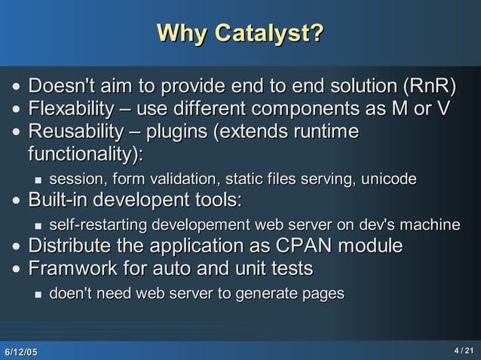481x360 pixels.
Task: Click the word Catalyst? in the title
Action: tap(269, 34)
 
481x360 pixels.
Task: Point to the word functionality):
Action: tap(85, 154)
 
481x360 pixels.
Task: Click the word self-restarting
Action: tap(98, 225)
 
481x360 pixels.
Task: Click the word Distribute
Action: tap(72, 247)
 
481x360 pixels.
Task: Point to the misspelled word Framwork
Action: tap(69, 270)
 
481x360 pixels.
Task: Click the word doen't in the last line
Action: tap(70, 294)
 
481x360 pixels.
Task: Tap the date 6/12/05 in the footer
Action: tap(20, 352)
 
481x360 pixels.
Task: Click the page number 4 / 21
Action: tap(463, 351)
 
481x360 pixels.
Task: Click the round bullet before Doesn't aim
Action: tap(16, 86)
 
